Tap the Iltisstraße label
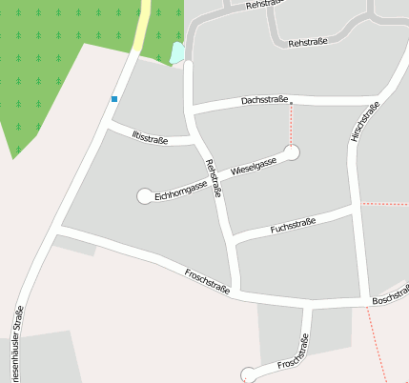tap(150, 138)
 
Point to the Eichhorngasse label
tap(180, 188)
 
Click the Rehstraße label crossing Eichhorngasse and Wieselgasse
tap(215, 177)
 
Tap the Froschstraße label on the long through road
tap(208, 281)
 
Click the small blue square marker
tap(114, 99)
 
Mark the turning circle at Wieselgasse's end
tap(292, 151)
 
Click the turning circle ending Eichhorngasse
tap(145, 195)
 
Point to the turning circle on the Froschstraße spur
tap(250, 373)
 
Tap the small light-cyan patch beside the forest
tap(176, 53)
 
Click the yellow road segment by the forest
tap(141, 29)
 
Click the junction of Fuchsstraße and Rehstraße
tap(232, 238)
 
